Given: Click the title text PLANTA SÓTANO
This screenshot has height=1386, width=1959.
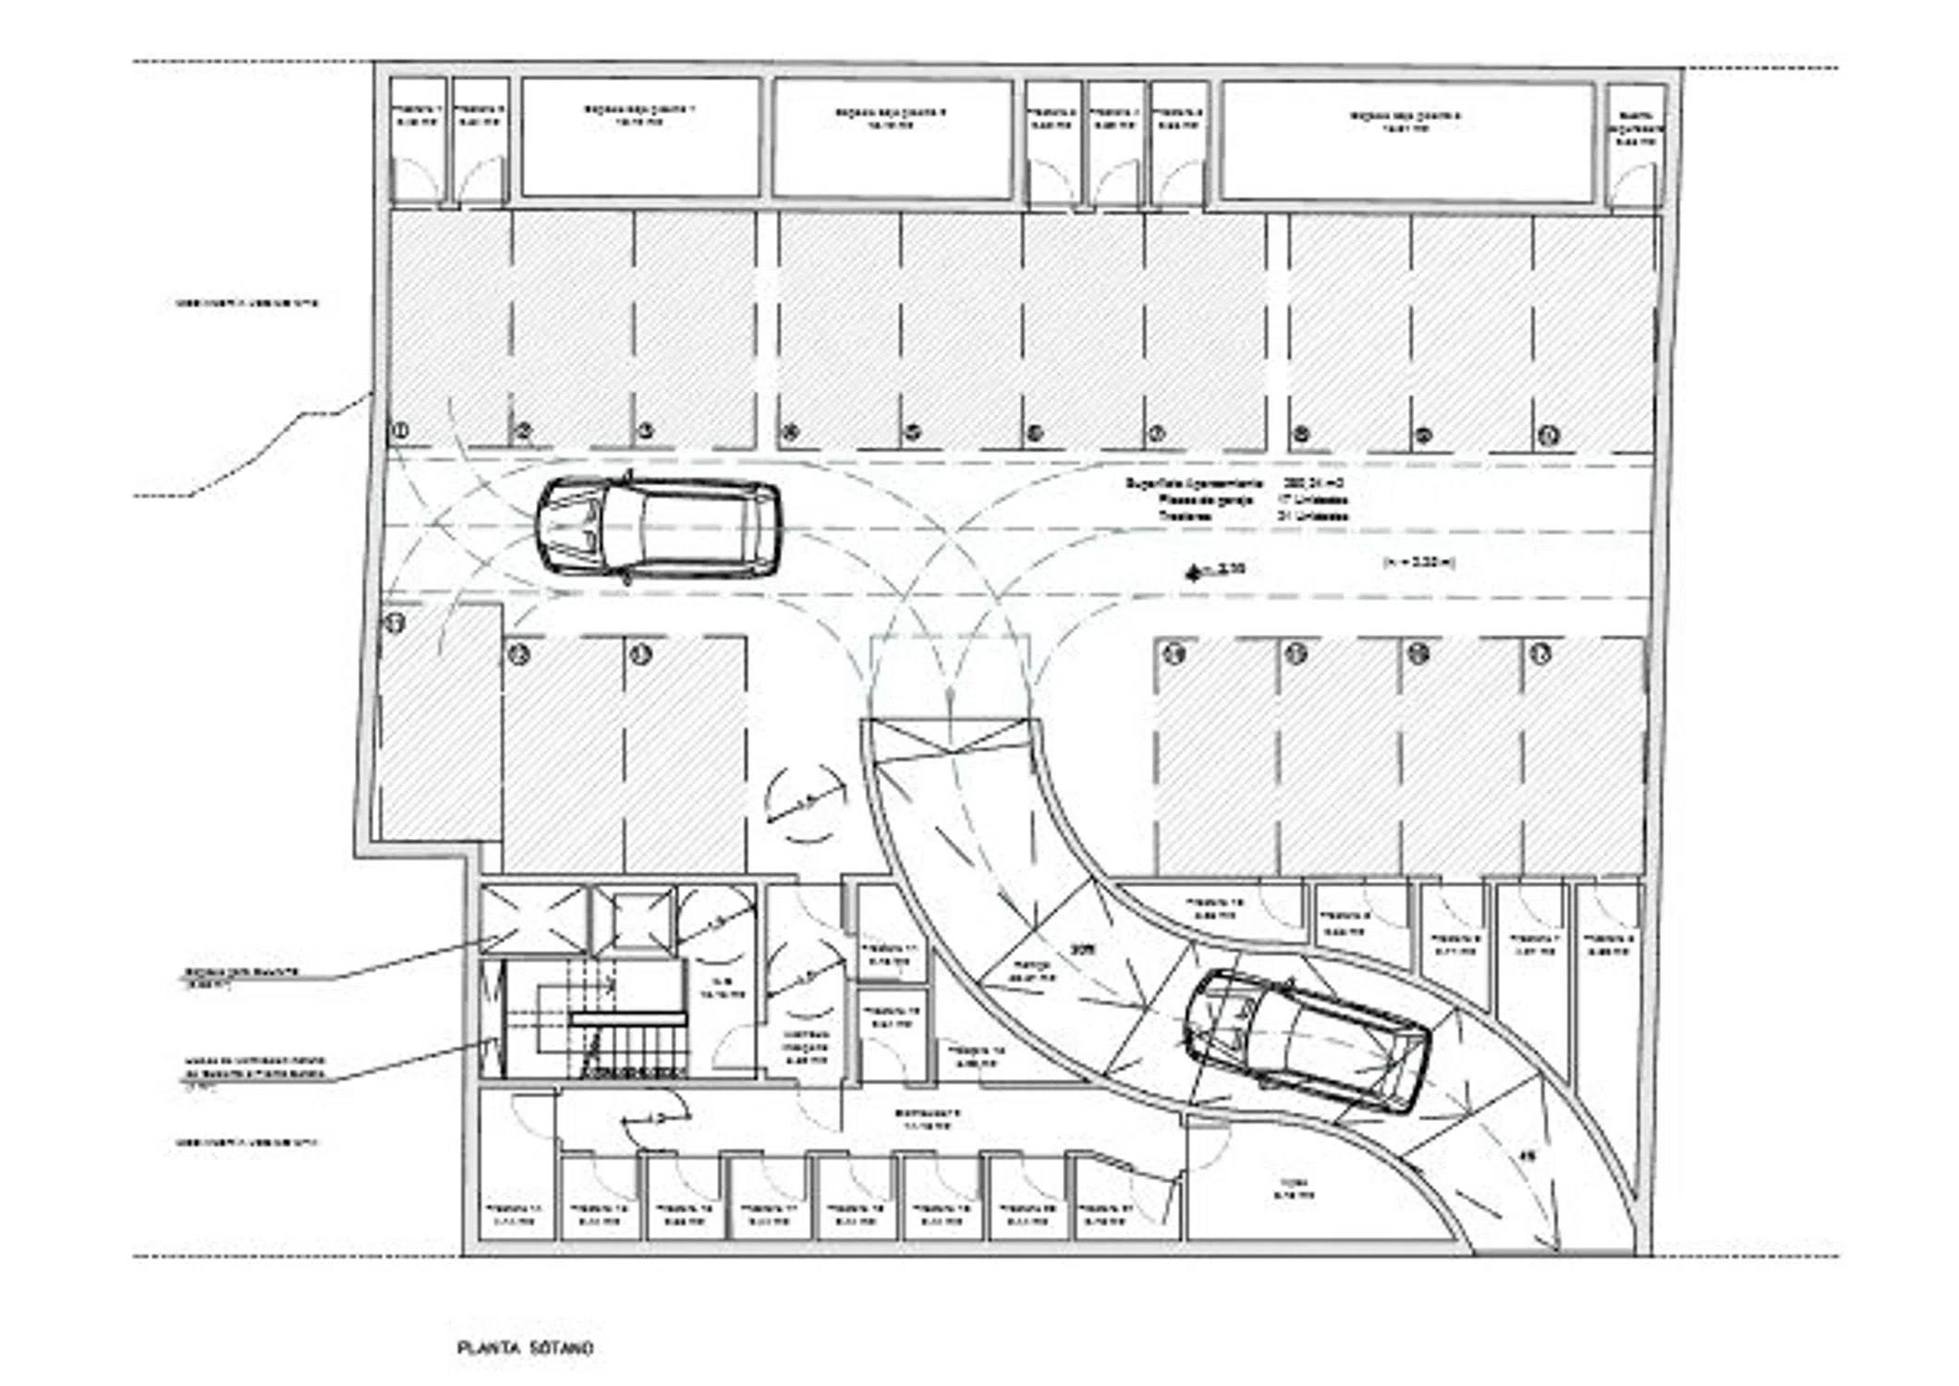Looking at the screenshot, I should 525,1348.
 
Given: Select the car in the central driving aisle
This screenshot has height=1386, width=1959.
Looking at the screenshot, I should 658,529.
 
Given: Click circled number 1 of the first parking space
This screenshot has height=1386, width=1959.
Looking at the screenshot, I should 400,430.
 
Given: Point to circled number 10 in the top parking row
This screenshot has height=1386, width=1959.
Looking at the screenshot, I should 1549,434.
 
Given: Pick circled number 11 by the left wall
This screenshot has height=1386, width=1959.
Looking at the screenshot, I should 395,623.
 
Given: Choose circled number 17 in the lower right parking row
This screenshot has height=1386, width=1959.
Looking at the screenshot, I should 1539,654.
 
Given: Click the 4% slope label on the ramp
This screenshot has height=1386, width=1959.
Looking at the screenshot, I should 1527,1153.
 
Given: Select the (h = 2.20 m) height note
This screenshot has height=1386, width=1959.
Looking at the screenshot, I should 1418,562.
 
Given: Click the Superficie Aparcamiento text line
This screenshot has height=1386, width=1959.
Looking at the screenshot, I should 1233,483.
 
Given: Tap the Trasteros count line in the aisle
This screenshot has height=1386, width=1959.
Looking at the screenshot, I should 1253,517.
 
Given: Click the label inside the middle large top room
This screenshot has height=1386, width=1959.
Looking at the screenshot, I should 891,119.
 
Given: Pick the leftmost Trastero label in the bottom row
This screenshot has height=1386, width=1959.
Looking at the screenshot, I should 514,1213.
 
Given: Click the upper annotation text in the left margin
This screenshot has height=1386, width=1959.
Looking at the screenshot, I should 248,302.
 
